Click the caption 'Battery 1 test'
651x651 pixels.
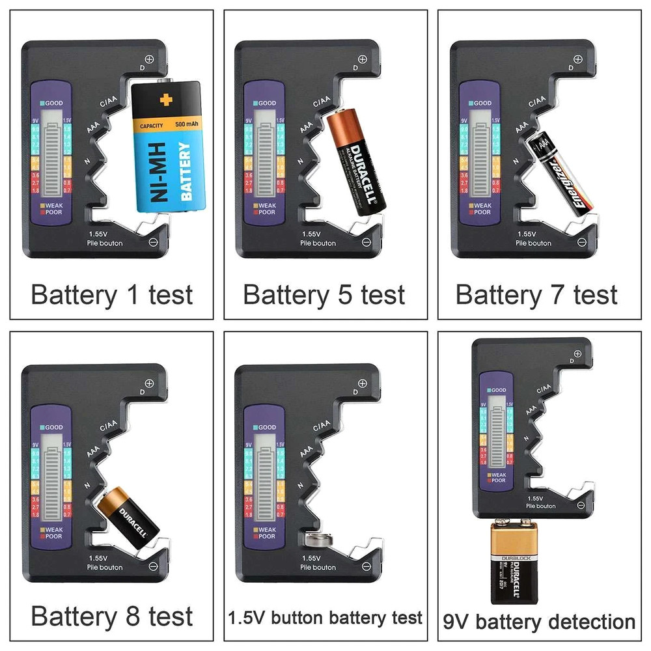(112, 295)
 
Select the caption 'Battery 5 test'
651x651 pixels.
(324, 295)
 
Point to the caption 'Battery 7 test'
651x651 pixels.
(536, 295)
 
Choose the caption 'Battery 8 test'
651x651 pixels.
(112, 616)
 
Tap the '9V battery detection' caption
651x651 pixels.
(538, 621)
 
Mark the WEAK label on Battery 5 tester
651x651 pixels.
(266, 205)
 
